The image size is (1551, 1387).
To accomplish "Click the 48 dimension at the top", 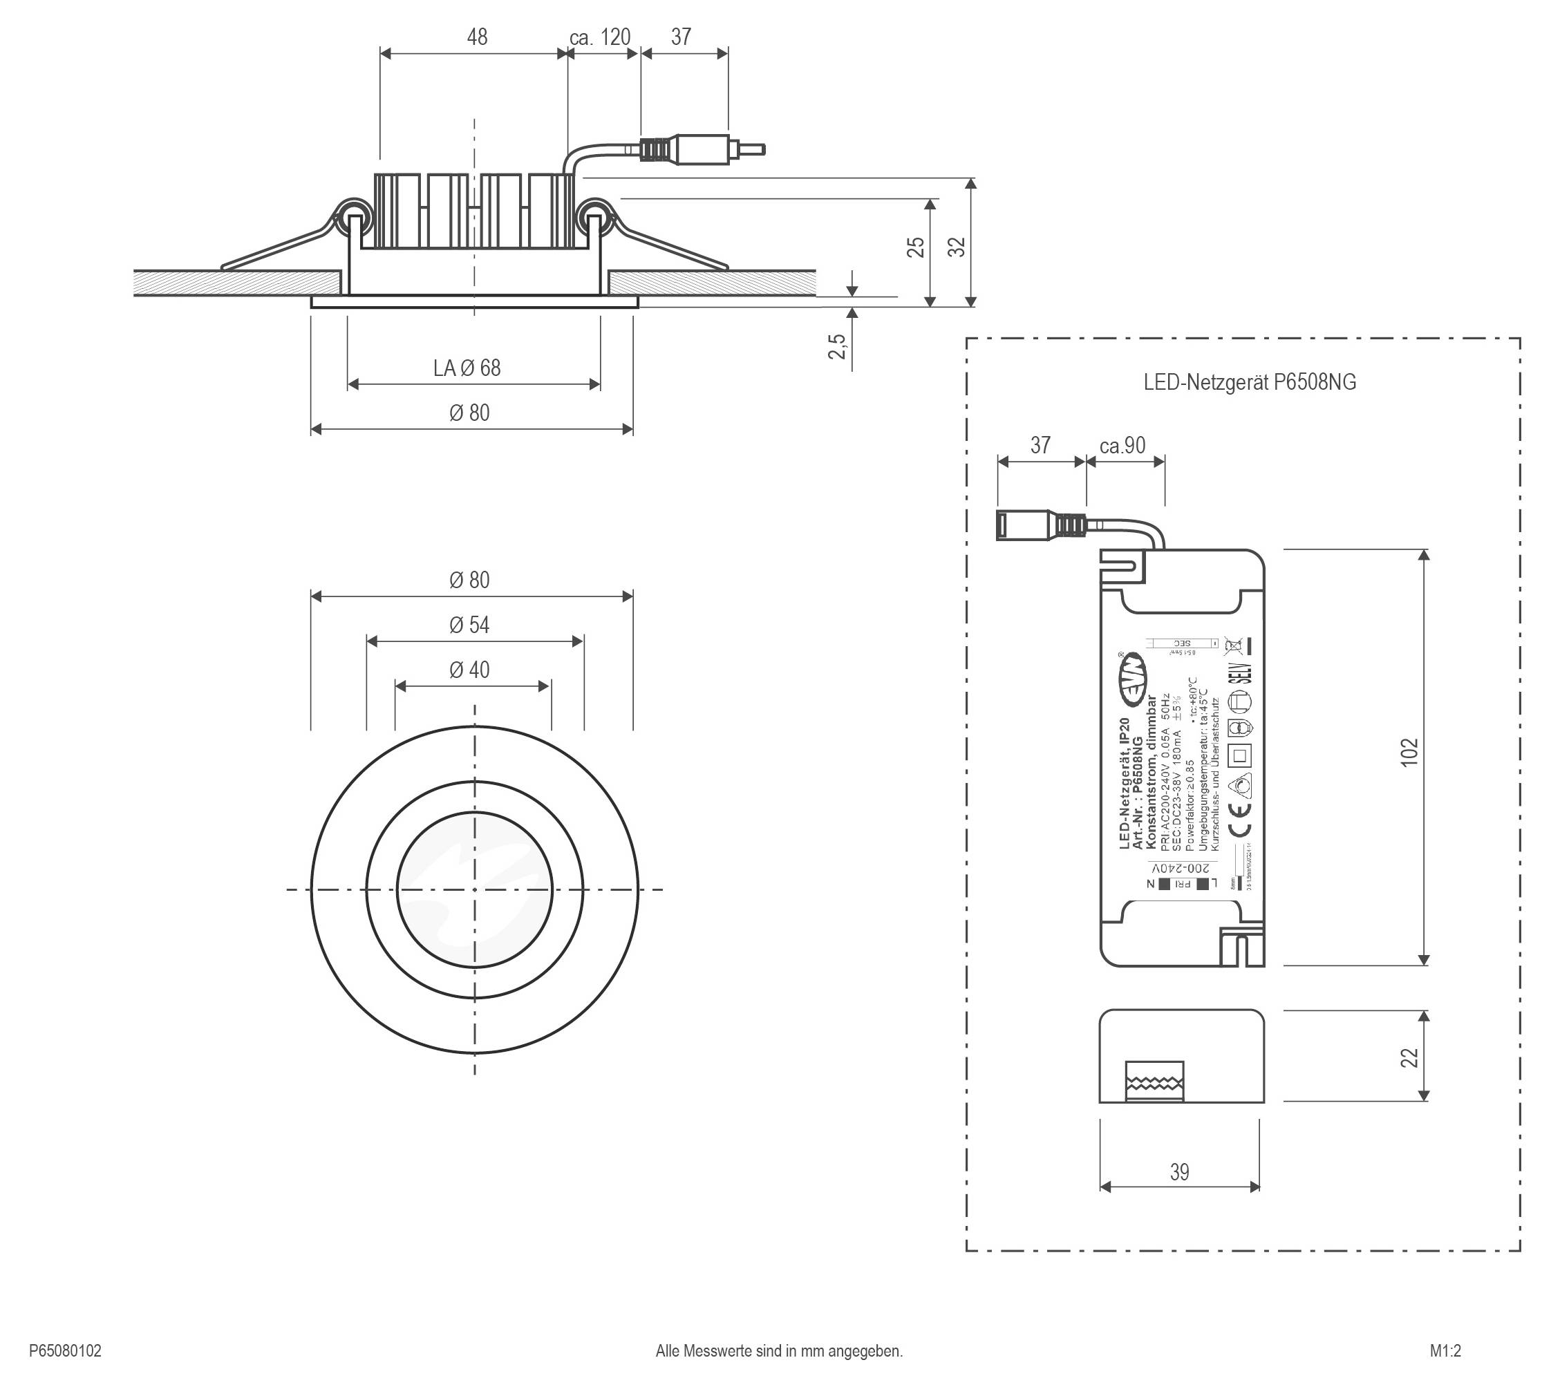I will (x=476, y=37).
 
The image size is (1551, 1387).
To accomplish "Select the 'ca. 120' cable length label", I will (x=600, y=37).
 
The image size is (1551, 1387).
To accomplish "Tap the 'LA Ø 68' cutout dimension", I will (x=467, y=368).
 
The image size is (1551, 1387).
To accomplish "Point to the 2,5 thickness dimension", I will (x=838, y=346).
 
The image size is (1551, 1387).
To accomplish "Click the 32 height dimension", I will (x=957, y=246).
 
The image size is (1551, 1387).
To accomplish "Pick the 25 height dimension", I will (x=916, y=247).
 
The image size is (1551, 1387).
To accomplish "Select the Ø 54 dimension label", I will (x=469, y=625).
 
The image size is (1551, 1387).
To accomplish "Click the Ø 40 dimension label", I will (x=469, y=670).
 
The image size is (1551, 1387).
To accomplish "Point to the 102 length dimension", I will (x=1409, y=751).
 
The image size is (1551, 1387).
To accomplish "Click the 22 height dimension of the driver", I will (x=1409, y=1058).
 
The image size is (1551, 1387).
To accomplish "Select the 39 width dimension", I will (x=1179, y=1172).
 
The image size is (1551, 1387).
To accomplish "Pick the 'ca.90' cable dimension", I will (x=1122, y=445).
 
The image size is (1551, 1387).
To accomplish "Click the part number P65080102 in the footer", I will (x=65, y=1351).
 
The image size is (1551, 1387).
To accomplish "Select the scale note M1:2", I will (x=1445, y=1351).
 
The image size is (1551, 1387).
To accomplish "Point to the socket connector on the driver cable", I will (x=1037, y=525).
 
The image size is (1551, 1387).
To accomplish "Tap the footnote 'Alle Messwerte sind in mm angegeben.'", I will (x=779, y=1351).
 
